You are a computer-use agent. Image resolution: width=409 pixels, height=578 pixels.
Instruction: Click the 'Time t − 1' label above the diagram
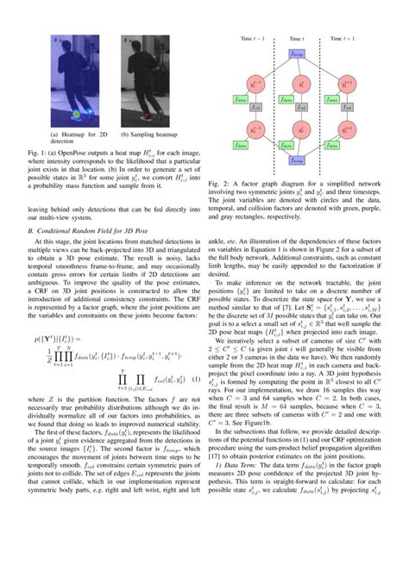[x=252, y=39]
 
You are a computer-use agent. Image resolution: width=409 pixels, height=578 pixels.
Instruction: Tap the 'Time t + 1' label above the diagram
[x=346, y=39]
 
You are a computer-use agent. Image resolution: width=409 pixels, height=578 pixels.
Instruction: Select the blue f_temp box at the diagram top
[x=298, y=54]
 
